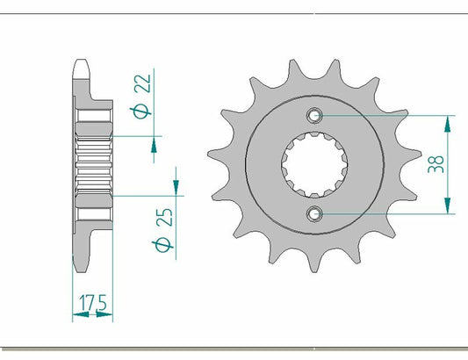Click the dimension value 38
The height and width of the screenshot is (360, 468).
click(x=437, y=164)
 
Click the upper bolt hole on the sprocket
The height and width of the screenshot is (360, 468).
click(x=315, y=115)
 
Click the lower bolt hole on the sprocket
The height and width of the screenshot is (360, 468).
click(x=315, y=212)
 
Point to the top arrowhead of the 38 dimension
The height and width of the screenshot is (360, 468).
click(x=450, y=120)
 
